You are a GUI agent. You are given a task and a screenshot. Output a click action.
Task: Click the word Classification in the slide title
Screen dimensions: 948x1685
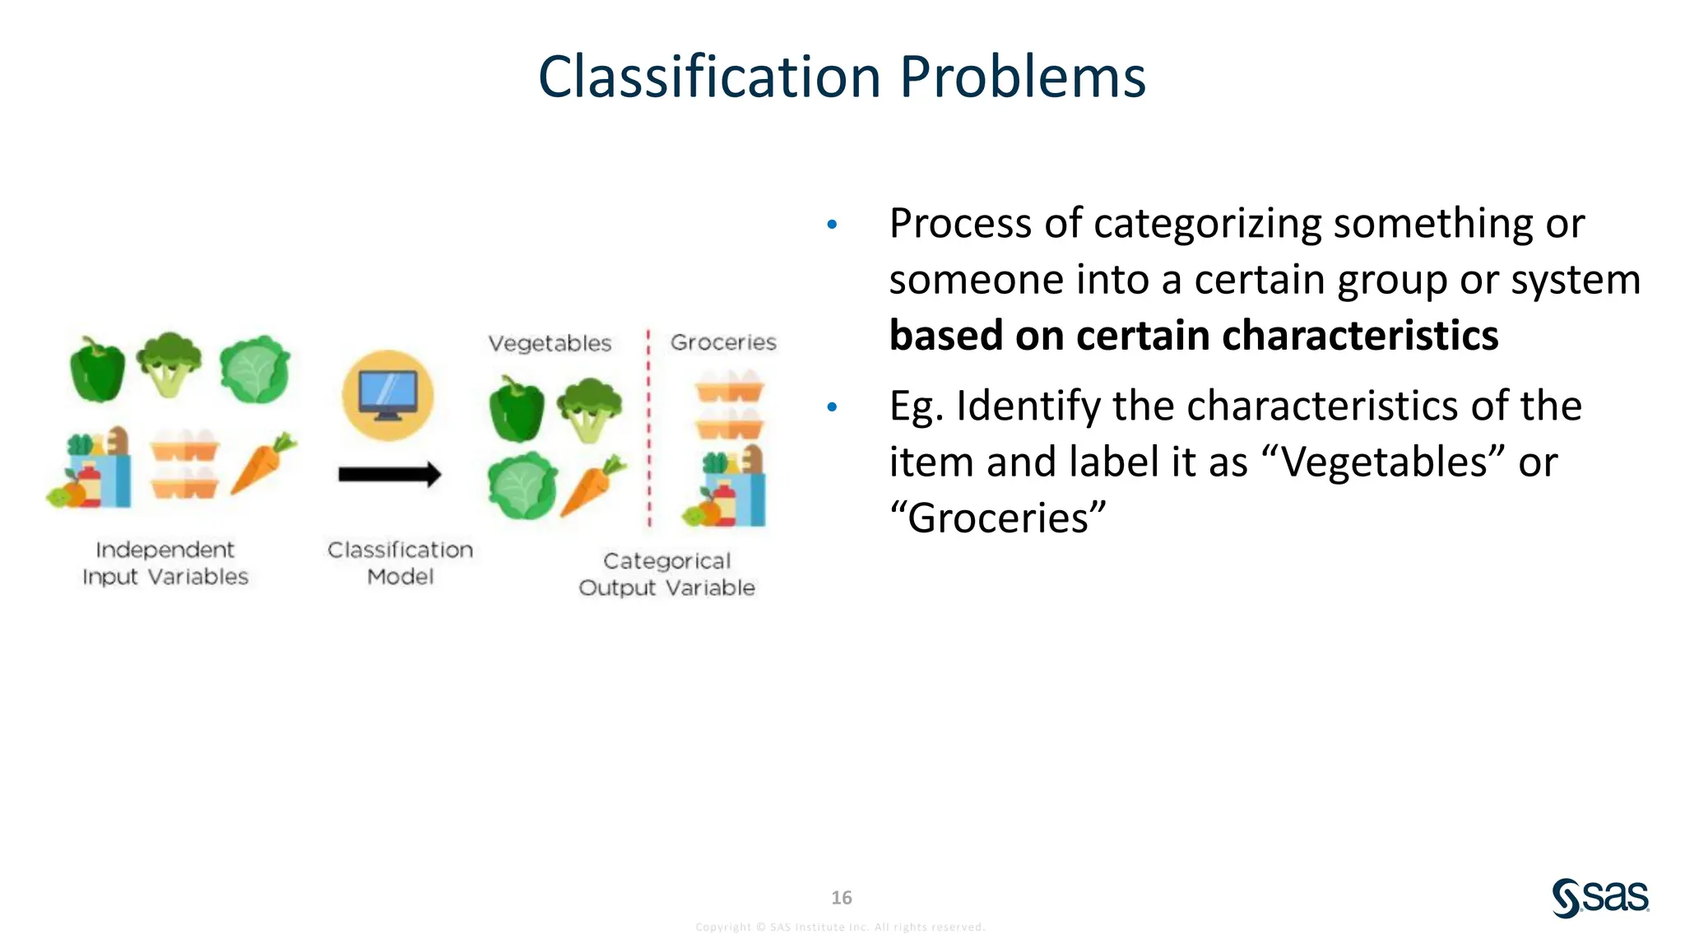pyautogui.click(x=709, y=77)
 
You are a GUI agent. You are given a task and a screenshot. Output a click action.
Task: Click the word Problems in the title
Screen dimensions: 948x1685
pyautogui.click(x=1022, y=77)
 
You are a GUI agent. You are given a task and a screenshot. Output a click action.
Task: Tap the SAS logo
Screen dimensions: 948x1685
pyautogui.click(x=1599, y=897)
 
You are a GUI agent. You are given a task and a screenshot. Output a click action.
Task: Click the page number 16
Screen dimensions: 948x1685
pyautogui.click(x=841, y=897)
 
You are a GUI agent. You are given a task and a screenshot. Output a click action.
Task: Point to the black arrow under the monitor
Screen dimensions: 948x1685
pyautogui.click(x=389, y=474)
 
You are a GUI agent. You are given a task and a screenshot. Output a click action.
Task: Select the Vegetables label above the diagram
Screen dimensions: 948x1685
pyautogui.click(x=550, y=343)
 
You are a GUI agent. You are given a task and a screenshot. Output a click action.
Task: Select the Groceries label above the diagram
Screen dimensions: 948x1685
pyautogui.click(x=723, y=342)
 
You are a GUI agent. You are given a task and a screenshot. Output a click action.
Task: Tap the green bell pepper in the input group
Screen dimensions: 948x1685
pyautogui.click(x=97, y=370)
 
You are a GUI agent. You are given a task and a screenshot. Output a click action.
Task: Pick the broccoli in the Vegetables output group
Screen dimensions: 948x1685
pyautogui.click(x=589, y=408)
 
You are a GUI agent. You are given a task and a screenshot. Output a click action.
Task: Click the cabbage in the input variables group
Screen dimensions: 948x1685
pyautogui.click(x=255, y=370)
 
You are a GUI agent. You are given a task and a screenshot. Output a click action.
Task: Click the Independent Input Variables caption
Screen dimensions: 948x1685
pyautogui.click(x=165, y=563)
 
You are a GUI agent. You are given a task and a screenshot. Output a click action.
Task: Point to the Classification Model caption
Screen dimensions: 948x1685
pyautogui.click(x=400, y=563)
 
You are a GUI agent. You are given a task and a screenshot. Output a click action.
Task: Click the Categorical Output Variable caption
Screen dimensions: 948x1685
pyautogui.click(x=666, y=574)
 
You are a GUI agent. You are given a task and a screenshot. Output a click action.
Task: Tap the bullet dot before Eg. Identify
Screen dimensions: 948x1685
pyautogui.click(x=832, y=407)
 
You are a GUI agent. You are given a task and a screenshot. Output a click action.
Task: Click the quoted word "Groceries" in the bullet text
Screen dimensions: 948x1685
pyautogui.click(x=997, y=518)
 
